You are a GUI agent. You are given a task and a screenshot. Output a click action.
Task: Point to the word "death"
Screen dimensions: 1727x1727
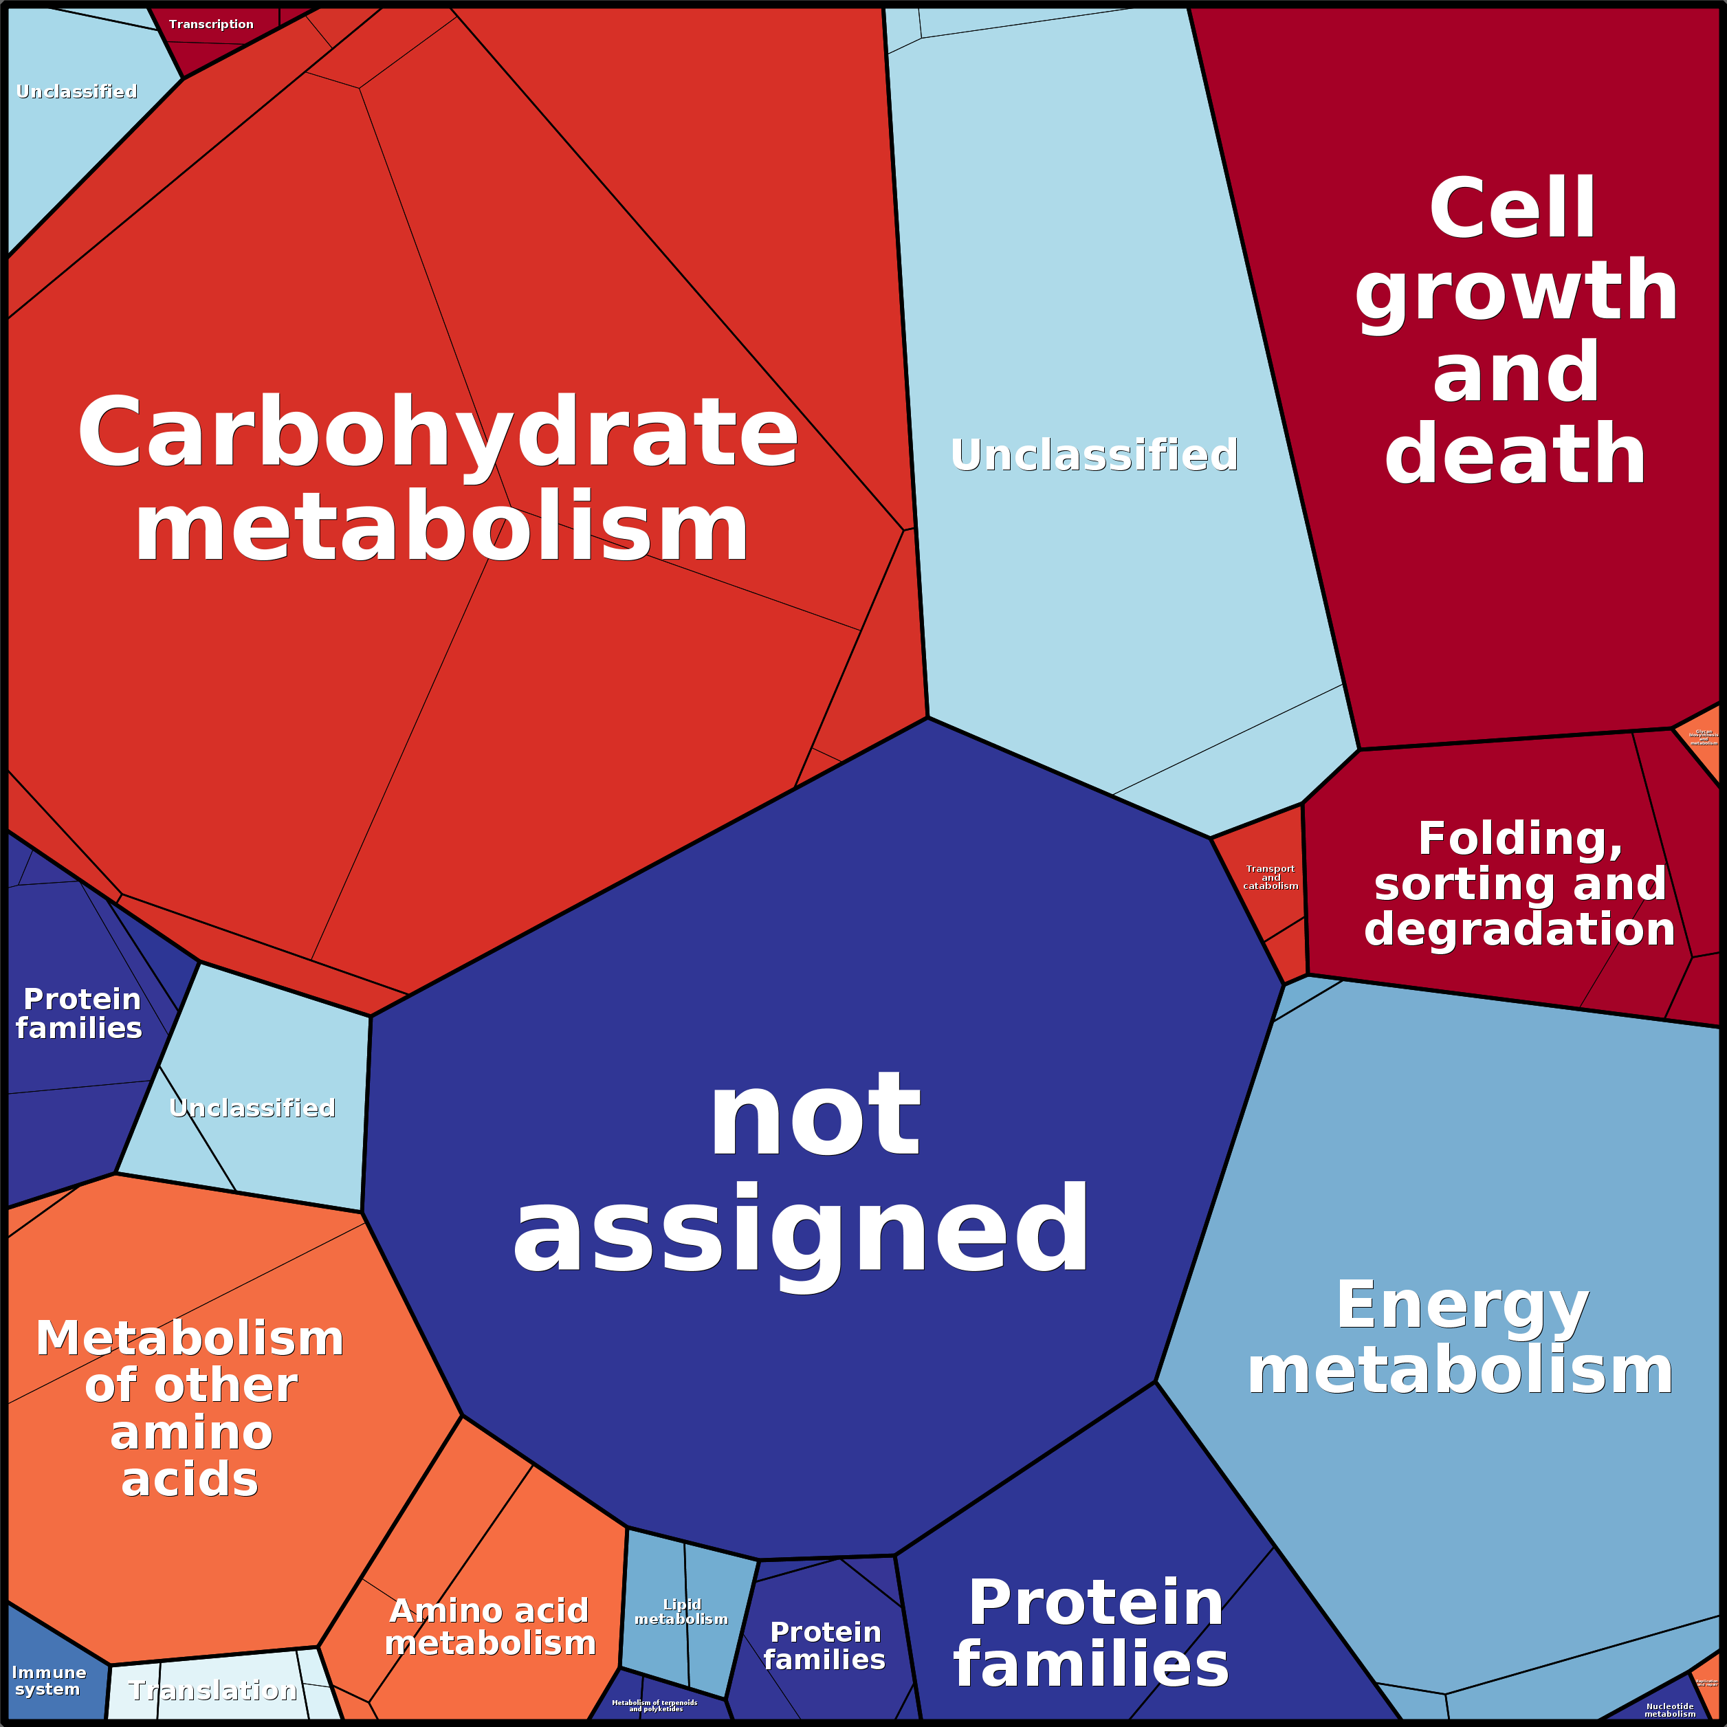1515,454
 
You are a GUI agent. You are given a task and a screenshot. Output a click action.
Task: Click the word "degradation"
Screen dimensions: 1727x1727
1519,929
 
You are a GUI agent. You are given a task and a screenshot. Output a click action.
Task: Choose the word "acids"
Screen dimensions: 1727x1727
190,1479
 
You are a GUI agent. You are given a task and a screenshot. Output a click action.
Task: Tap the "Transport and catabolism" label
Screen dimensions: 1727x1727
1270,877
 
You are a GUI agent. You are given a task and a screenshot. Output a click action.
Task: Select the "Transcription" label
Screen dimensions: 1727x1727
211,24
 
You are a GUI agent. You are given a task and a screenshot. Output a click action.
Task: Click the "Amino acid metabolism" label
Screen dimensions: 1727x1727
490,1627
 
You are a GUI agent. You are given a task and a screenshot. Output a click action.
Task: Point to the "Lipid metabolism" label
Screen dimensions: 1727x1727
681,1611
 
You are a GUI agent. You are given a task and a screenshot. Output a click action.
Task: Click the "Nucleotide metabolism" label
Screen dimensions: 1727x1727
1670,1710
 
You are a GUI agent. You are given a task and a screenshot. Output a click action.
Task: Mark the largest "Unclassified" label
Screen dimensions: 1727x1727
1094,455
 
